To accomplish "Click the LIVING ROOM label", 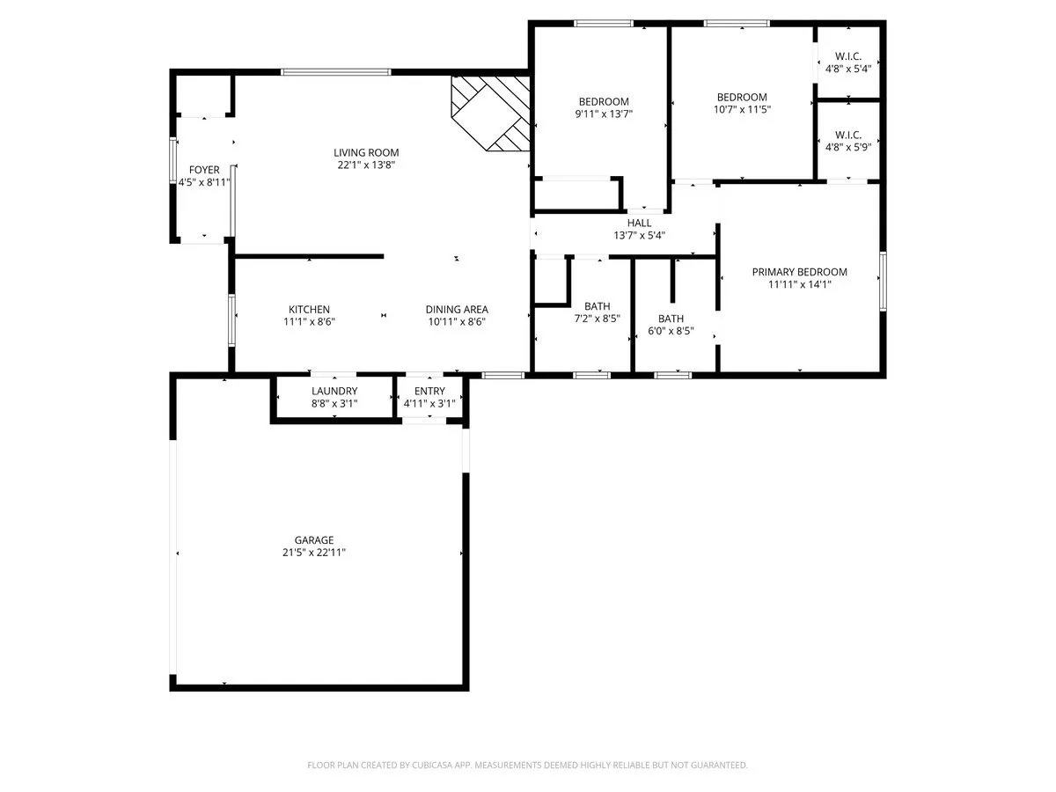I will click(366, 152).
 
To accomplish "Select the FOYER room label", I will click(204, 170).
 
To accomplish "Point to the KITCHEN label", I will click(309, 309).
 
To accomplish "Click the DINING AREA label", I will click(457, 309).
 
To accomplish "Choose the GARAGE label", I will click(314, 539).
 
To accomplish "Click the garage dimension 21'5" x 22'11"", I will click(314, 553).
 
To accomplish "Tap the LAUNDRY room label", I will click(334, 391).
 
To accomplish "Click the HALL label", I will click(639, 223).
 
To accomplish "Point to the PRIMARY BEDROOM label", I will click(799, 272).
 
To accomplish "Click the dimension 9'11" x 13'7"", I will click(604, 114).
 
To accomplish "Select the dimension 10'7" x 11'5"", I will click(742, 110).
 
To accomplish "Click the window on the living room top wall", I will click(335, 72).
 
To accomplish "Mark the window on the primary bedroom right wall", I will click(882, 280).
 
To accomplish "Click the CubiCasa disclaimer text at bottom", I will click(528, 766).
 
